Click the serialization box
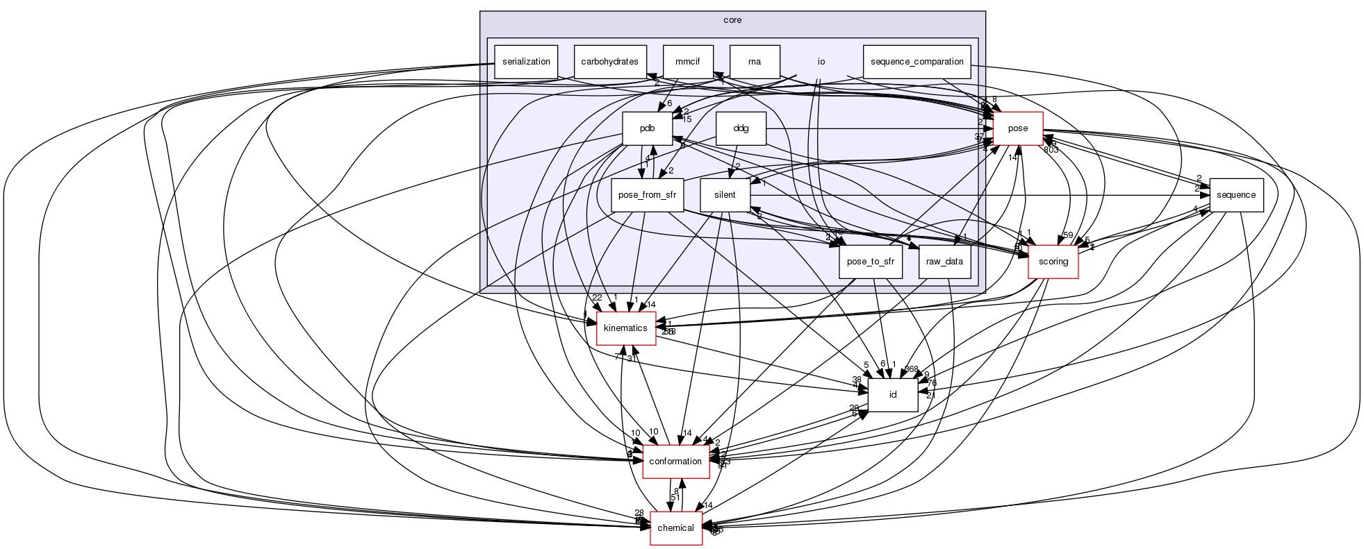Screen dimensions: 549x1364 click(x=526, y=62)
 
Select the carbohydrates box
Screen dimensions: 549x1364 click(x=611, y=62)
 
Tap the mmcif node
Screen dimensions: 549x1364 click(x=688, y=62)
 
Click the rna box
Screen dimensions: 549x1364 click(x=755, y=62)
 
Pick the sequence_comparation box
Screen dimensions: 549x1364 click(x=917, y=62)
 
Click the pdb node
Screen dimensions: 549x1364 click(x=647, y=128)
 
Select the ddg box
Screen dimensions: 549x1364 click(x=741, y=128)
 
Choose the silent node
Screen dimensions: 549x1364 click(x=725, y=195)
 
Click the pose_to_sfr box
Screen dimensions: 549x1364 click(x=871, y=262)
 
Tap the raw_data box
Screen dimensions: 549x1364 click(x=944, y=262)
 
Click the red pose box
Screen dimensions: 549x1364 click(x=1018, y=128)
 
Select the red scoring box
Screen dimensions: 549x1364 click(x=1053, y=262)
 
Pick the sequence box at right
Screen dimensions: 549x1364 click(x=1236, y=195)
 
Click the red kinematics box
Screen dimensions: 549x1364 click(x=625, y=328)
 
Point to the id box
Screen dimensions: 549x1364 click(x=893, y=395)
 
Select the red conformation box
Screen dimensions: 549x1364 click(x=675, y=462)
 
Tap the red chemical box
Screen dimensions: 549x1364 click(x=675, y=528)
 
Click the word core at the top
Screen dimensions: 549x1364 click(x=732, y=20)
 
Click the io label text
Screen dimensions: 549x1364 click(x=821, y=62)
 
